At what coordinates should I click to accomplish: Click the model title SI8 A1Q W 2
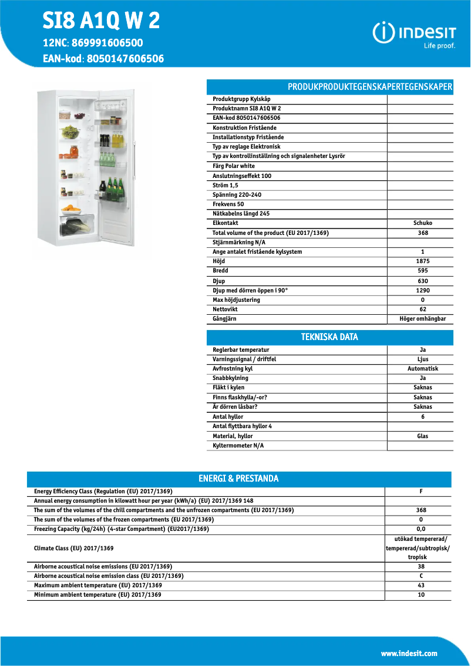click(x=101, y=21)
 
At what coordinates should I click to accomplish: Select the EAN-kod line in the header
click(x=103, y=58)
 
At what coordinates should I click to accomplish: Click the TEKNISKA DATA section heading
click(x=329, y=337)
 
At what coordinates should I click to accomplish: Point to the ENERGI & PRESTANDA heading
click(x=238, y=479)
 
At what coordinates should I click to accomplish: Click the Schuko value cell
click(x=422, y=223)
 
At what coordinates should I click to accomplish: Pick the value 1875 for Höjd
click(x=422, y=261)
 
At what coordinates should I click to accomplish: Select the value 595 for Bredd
click(x=422, y=271)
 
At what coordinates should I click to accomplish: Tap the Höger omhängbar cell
click(x=422, y=319)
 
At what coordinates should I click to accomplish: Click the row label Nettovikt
click(x=225, y=309)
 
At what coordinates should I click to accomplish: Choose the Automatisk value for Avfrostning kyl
click(x=422, y=369)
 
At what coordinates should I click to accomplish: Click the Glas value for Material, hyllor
click(x=422, y=436)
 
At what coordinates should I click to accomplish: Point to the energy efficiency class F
click(x=420, y=491)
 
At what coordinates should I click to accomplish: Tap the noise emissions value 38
click(x=420, y=567)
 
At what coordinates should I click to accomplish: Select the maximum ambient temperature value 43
click(x=420, y=586)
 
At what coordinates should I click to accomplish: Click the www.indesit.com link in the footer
click(x=409, y=653)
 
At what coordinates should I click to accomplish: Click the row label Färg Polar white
click(x=234, y=166)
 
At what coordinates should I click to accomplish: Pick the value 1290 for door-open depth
click(x=422, y=290)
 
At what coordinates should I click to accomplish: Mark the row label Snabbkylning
click(x=230, y=378)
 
